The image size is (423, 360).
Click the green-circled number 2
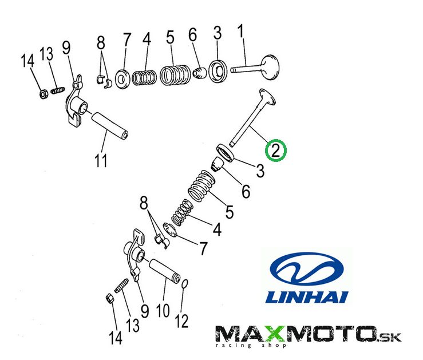pyautogui.click(x=275, y=151)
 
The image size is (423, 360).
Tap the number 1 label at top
pyautogui.click(x=240, y=31)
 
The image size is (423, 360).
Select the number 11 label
pyautogui.click(x=101, y=161)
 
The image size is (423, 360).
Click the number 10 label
pyautogui.click(x=163, y=311)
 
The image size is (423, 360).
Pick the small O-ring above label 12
pyautogui.click(x=185, y=284)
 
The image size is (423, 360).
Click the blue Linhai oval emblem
pyautogui.click(x=307, y=269)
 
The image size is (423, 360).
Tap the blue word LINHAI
pyautogui.click(x=307, y=297)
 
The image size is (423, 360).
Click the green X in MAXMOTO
pyautogui.click(x=275, y=334)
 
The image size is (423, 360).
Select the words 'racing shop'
pyautogui.click(x=251, y=346)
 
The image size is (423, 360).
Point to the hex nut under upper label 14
pyautogui.click(x=44, y=94)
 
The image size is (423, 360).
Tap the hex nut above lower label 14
pyautogui.click(x=109, y=298)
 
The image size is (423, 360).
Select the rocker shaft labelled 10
pyautogui.click(x=164, y=271)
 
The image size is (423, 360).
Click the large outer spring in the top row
pyautogui.click(x=175, y=74)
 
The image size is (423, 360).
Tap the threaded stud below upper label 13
pyautogui.click(x=58, y=90)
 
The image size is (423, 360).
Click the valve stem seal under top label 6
pyautogui.click(x=200, y=73)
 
